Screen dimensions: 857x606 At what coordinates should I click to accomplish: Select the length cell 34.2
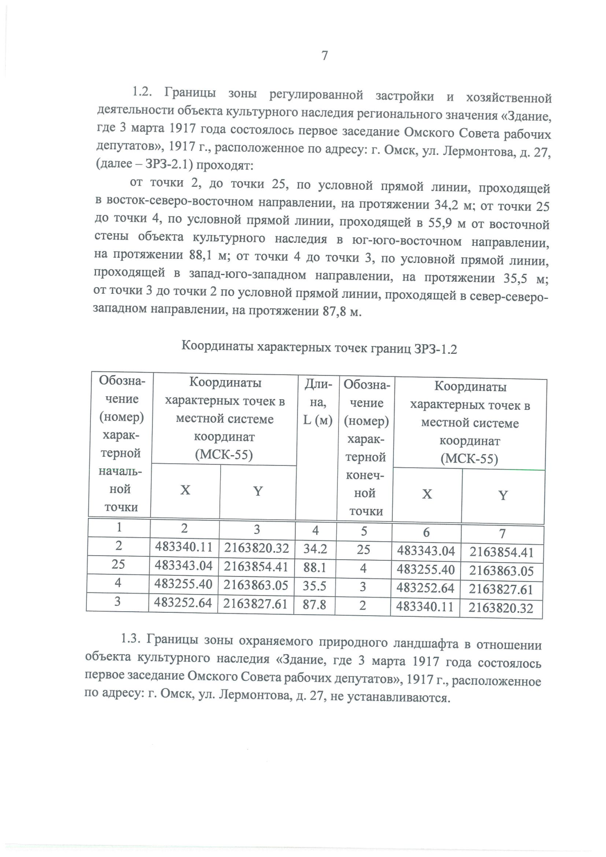tap(315, 549)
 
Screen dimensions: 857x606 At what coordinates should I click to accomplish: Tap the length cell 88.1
tap(315, 567)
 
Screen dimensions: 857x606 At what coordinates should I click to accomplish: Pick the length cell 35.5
tap(315, 586)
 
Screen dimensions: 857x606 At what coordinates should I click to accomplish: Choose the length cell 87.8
tap(314, 604)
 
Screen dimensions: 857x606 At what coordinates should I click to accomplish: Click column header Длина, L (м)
tap(318, 402)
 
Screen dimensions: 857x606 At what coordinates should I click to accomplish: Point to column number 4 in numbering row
tap(316, 530)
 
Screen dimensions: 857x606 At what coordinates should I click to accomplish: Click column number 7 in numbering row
tap(502, 533)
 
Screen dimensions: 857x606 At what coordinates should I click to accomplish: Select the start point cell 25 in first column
tap(118, 564)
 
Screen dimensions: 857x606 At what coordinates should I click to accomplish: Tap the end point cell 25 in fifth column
tap(364, 550)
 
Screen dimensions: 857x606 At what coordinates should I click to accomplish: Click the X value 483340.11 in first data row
tap(183, 547)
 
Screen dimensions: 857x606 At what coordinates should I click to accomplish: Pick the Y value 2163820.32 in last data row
tap(500, 608)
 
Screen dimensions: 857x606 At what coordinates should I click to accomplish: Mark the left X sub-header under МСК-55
tap(185, 490)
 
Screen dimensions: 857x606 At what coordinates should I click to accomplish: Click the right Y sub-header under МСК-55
tap(502, 495)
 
